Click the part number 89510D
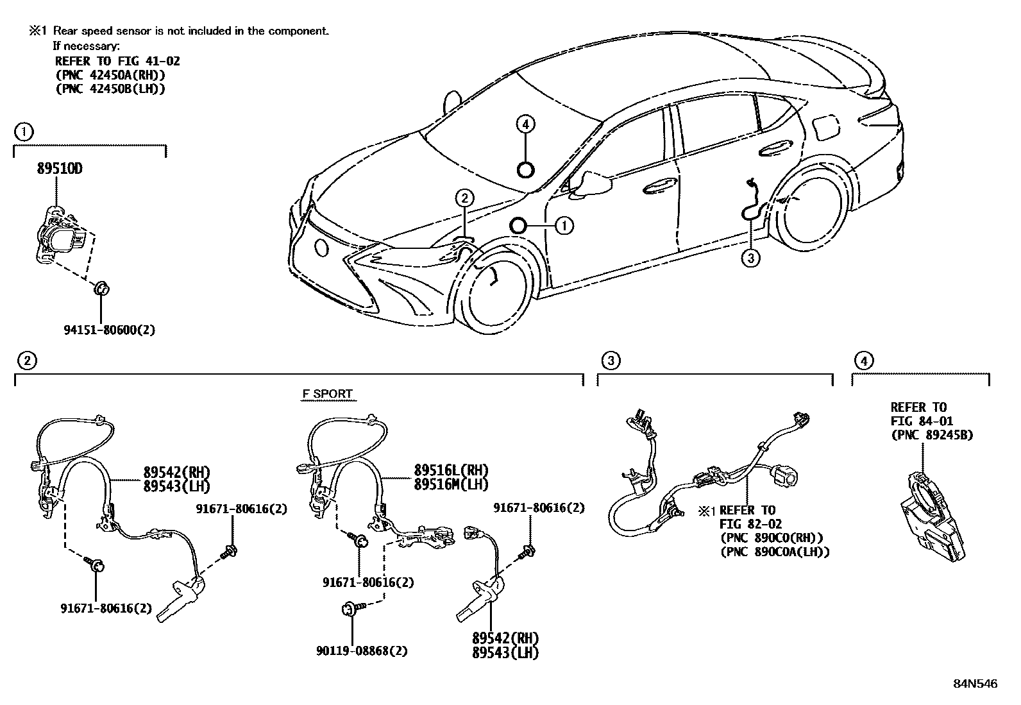point(60,169)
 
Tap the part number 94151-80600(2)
point(110,330)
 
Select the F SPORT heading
point(328,394)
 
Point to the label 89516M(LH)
point(451,485)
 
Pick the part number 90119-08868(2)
point(362,650)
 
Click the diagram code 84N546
point(975,684)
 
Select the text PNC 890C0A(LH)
point(775,551)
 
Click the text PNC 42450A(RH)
point(110,75)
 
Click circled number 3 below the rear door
point(750,259)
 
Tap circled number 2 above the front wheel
point(466,198)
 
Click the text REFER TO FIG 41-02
point(117,61)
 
